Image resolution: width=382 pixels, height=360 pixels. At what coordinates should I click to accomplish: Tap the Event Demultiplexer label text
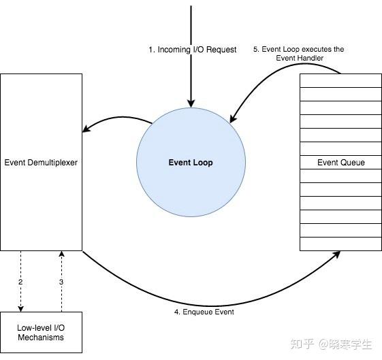42,163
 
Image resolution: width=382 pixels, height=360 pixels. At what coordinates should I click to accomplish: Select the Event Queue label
340,163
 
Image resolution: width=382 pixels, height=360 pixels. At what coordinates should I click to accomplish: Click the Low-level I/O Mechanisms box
41,332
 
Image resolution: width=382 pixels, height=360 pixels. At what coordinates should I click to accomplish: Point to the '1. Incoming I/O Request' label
193,50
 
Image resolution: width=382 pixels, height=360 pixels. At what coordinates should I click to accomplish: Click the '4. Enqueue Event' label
204,312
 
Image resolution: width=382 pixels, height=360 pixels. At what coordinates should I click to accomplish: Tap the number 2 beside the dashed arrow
21,281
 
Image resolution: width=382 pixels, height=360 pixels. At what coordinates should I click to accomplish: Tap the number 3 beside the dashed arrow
61,281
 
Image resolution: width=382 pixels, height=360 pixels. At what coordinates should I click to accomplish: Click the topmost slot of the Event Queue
340,80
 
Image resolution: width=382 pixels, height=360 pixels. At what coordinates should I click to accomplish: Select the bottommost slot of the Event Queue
340,244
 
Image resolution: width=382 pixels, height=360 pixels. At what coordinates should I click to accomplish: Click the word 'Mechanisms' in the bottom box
41,337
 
